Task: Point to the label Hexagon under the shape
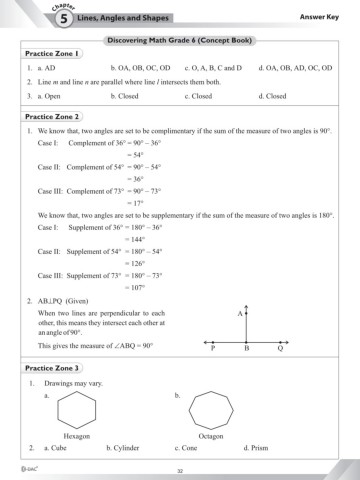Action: pos(77,437)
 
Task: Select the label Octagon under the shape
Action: pos(211,437)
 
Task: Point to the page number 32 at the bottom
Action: pos(180,470)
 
